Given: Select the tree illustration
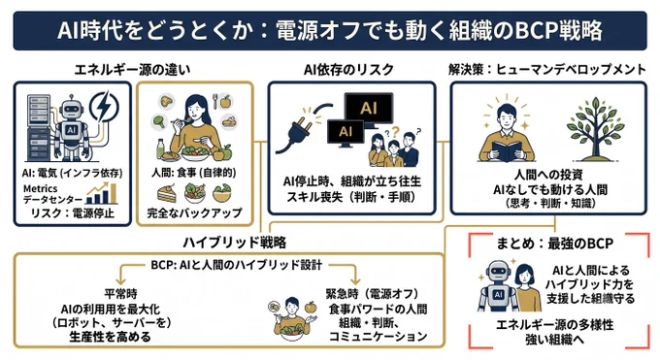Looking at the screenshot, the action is click(594, 128).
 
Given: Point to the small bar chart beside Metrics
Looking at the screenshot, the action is click(102, 194).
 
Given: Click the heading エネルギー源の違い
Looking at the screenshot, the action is click(132, 70).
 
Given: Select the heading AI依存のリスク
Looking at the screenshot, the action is click(349, 70).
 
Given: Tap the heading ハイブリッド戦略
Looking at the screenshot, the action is click(235, 243).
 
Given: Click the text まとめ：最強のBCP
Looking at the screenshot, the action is click(555, 244).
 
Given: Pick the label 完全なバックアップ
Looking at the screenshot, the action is click(194, 213).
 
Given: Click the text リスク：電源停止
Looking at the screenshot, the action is click(73, 213).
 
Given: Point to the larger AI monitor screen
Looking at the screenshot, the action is click(368, 109).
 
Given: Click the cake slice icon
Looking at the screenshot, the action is click(167, 194).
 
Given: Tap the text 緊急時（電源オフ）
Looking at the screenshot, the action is click(373, 293).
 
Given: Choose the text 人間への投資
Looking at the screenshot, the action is click(548, 176).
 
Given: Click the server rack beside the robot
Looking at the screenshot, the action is click(39, 128).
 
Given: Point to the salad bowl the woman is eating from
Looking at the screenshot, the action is click(196, 153).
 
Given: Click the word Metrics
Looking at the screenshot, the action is click(40, 188).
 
